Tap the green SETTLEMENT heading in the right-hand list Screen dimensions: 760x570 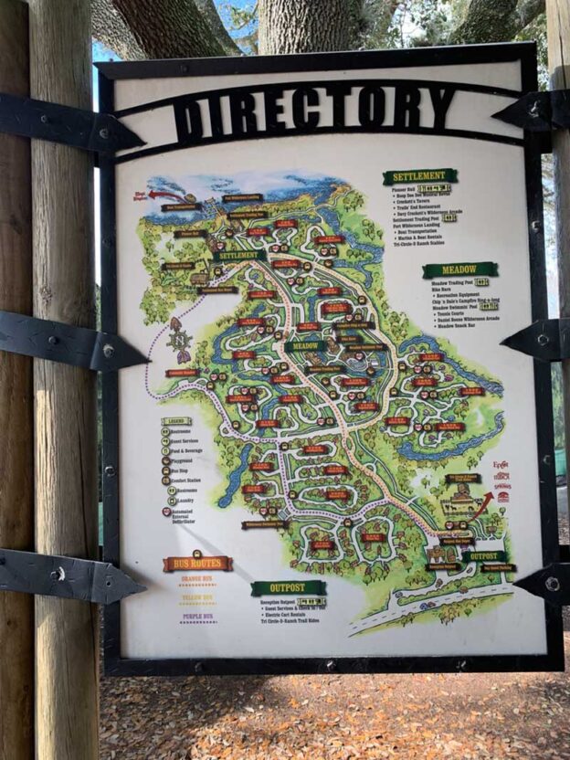click(419, 176)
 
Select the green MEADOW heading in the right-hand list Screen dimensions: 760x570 click(459, 270)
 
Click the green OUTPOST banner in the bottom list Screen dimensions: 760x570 click(288, 587)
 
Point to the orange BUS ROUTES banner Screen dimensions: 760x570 click(197, 564)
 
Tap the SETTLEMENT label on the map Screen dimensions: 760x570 click(240, 256)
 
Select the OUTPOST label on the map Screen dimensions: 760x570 click(483, 556)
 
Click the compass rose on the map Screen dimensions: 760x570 click(179, 343)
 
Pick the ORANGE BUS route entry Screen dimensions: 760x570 click(196, 582)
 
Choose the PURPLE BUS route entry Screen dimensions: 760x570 click(196, 617)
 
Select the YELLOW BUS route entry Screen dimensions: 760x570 click(196, 599)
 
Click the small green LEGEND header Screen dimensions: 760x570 click(176, 422)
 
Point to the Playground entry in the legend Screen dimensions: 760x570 click(187, 461)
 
